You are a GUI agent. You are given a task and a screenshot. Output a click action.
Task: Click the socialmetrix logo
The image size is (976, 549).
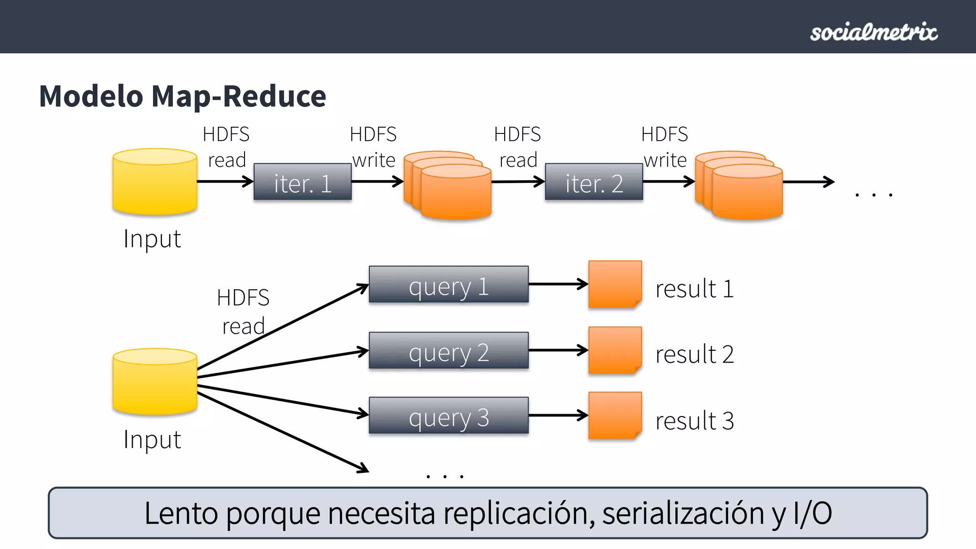[x=874, y=32]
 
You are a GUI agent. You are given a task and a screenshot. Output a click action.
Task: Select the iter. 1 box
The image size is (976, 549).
[x=303, y=183]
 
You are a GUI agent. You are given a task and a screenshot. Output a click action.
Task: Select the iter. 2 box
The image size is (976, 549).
[x=594, y=183]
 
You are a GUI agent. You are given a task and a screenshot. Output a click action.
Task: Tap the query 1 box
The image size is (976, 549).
[x=448, y=285]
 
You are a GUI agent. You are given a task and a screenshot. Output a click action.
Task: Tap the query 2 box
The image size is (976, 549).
[x=448, y=351]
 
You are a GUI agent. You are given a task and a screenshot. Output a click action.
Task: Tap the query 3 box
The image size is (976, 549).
[x=448, y=416]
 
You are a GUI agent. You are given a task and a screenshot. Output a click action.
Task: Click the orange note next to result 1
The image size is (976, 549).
[x=615, y=284]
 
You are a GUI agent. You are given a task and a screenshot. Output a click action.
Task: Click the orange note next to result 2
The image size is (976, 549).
[x=615, y=350]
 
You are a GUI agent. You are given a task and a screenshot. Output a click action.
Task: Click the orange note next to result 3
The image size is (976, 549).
[x=615, y=416]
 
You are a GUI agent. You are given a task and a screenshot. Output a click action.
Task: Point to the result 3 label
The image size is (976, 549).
[x=694, y=421]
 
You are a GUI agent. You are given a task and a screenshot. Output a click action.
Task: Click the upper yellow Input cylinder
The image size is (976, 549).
[x=155, y=182]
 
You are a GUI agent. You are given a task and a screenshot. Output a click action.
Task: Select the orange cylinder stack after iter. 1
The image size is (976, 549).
[x=448, y=187]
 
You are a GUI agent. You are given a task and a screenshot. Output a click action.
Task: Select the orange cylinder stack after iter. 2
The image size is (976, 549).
[x=740, y=187]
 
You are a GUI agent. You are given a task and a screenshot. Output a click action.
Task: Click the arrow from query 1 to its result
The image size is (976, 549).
[x=558, y=284]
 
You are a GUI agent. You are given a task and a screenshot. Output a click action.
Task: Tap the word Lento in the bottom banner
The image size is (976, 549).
[x=181, y=514]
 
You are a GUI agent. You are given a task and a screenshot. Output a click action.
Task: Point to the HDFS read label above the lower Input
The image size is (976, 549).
[x=243, y=312]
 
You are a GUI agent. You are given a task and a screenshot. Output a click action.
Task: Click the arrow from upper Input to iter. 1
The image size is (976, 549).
[x=224, y=182]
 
